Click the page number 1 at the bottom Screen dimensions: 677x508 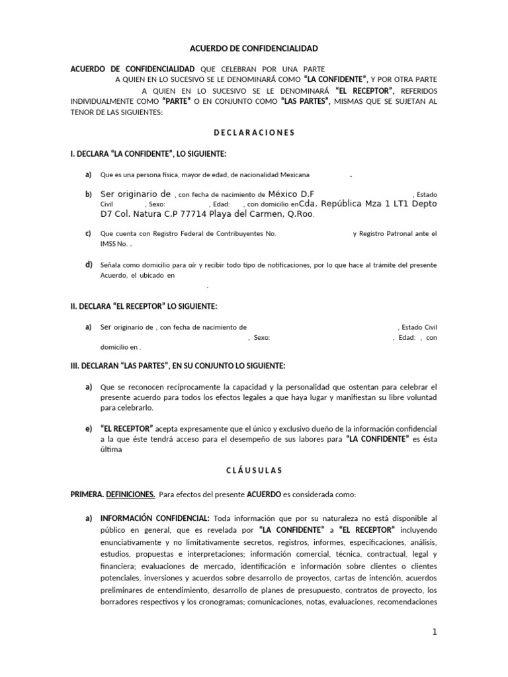coord(435,632)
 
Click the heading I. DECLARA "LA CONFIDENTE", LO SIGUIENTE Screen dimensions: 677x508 coord(148,154)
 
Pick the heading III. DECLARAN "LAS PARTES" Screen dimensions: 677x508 coord(178,366)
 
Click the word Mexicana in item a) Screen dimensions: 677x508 coord(294,175)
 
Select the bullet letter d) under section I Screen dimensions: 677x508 coord(88,265)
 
